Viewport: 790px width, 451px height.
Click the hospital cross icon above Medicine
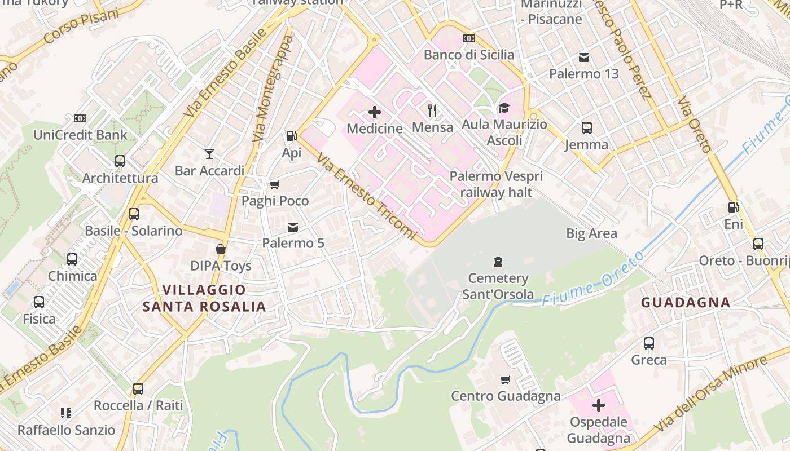pyautogui.click(x=374, y=112)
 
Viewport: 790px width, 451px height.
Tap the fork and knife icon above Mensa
pyautogui.click(x=433, y=110)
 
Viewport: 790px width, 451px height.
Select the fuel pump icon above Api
pyautogui.click(x=291, y=136)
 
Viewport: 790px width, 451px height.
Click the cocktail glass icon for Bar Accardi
pyautogui.click(x=209, y=153)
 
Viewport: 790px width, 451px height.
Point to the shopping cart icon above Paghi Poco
pyautogui.click(x=275, y=184)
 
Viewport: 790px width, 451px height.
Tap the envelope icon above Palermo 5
pyautogui.click(x=293, y=227)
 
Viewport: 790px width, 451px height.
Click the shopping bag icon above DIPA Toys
pyautogui.click(x=221, y=249)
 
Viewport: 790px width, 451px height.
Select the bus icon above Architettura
pyautogui.click(x=120, y=161)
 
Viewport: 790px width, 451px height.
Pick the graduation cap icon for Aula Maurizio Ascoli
pyautogui.click(x=503, y=108)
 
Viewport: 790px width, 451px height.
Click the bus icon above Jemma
pyautogui.click(x=587, y=128)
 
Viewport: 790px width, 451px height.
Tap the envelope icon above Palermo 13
pyautogui.click(x=584, y=58)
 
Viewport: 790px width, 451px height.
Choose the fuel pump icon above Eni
pyautogui.click(x=733, y=208)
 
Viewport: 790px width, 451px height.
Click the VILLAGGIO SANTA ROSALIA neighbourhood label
pyautogui.click(x=204, y=298)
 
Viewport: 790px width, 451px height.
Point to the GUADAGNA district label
pyautogui.click(x=686, y=303)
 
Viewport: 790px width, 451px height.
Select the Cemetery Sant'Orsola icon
pyautogui.click(x=498, y=261)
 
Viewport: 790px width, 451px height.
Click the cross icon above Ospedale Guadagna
pyautogui.click(x=599, y=405)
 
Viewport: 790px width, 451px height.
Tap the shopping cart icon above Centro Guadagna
pyautogui.click(x=506, y=379)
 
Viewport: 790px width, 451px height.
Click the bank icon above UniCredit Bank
pyautogui.click(x=80, y=118)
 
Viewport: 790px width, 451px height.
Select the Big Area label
pyautogui.click(x=591, y=233)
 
